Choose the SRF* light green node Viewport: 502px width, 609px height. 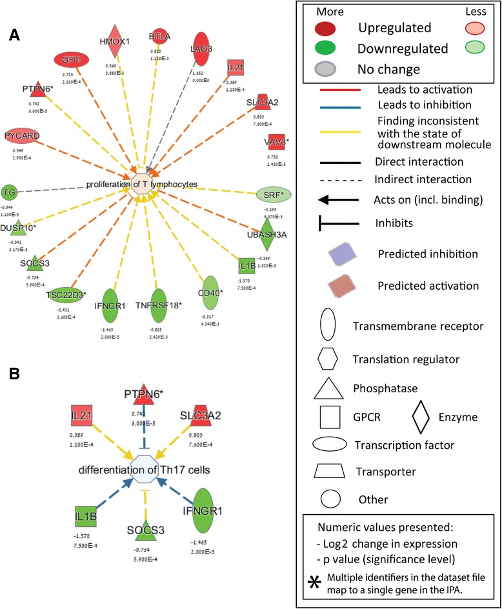point(274,194)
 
